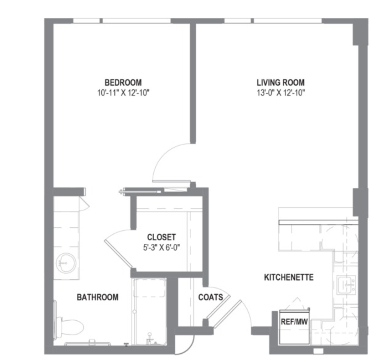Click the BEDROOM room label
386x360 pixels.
pos(123,82)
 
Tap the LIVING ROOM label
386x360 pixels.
pos(281,82)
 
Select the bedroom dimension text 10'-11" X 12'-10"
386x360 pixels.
pos(124,93)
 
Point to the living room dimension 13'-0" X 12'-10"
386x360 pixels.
pos(281,93)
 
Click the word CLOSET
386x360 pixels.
pos(162,237)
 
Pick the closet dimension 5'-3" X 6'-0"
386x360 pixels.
pos(162,247)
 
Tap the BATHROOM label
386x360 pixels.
pos(98,297)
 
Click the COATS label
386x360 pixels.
pos(210,297)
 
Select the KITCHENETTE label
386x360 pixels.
pos(289,278)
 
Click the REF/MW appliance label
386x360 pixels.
pos(294,322)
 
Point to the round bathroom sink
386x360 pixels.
pos(66,263)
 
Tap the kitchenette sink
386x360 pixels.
pos(346,285)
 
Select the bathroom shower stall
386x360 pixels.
pos(149,312)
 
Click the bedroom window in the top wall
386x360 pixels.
pos(122,21)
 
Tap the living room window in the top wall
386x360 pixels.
pos(273,21)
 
